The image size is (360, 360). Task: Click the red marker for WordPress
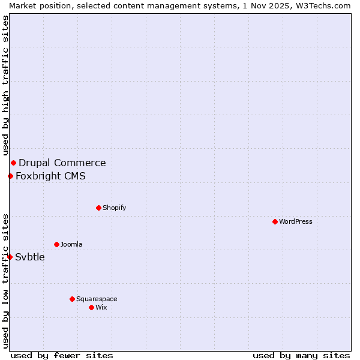click(x=275, y=221)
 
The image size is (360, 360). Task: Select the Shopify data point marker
click(x=98, y=208)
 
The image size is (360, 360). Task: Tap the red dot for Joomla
click(x=56, y=244)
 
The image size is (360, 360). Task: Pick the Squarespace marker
click(x=72, y=299)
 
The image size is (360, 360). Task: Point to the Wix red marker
click(x=91, y=307)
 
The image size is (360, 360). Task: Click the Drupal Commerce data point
click(x=13, y=163)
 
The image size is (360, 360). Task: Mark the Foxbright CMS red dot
click(x=10, y=176)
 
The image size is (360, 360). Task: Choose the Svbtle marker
click(x=10, y=257)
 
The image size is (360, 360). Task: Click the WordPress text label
click(x=296, y=221)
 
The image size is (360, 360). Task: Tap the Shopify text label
click(x=114, y=208)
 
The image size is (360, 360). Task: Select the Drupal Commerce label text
click(x=62, y=163)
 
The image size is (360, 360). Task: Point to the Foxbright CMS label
click(x=50, y=176)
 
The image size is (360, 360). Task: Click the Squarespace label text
click(x=97, y=299)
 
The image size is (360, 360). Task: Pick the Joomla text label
click(x=71, y=244)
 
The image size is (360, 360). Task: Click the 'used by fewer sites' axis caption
click(x=62, y=355)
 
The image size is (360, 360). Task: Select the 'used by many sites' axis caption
click(x=301, y=355)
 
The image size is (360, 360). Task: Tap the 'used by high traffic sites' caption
click(x=5, y=85)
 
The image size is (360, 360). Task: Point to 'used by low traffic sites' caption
click(x=5, y=281)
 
